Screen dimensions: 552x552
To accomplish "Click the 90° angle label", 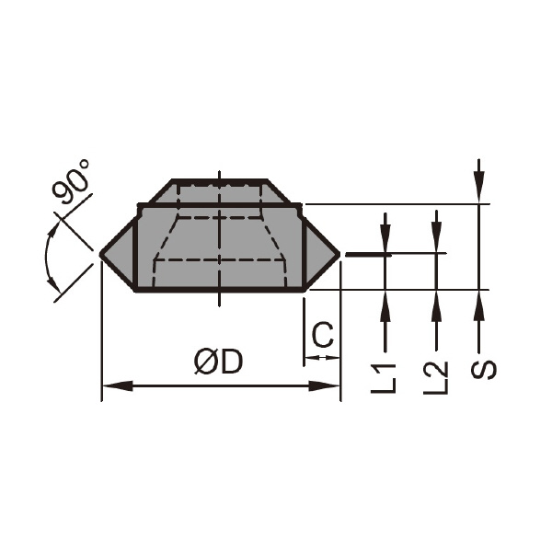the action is pos(72,181).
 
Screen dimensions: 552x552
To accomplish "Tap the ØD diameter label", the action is pos(219,362).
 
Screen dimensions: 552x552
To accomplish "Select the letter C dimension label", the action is pos(323,335).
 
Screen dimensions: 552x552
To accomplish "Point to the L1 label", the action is pos(384,378).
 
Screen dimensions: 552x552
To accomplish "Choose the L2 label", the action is pos(435,378).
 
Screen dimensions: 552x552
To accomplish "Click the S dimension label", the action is pos(483,370).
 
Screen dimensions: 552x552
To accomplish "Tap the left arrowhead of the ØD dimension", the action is pos(117,385).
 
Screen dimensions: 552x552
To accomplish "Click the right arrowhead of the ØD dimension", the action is pos(324,385).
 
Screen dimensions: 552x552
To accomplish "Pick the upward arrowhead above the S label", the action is pos(478,305).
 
